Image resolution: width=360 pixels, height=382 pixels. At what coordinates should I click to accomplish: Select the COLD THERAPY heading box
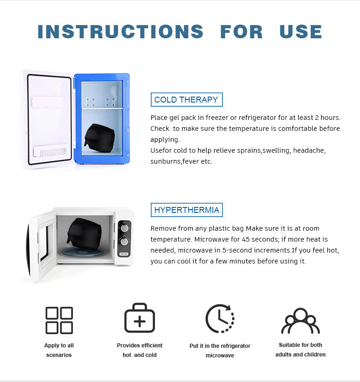tap(186, 100)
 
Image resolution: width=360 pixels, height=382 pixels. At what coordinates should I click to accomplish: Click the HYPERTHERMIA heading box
tap(186, 210)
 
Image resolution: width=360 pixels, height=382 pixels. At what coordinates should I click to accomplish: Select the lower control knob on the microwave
tap(124, 242)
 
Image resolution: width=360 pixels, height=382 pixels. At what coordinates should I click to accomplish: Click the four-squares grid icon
tap(59, 320)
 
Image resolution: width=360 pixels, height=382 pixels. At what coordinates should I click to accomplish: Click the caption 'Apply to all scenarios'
tap(59, 350)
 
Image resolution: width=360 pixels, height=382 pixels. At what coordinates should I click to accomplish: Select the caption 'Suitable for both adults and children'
tap(300, 350)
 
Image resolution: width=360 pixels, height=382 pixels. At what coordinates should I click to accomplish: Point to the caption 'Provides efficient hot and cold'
tap(139, 350)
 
